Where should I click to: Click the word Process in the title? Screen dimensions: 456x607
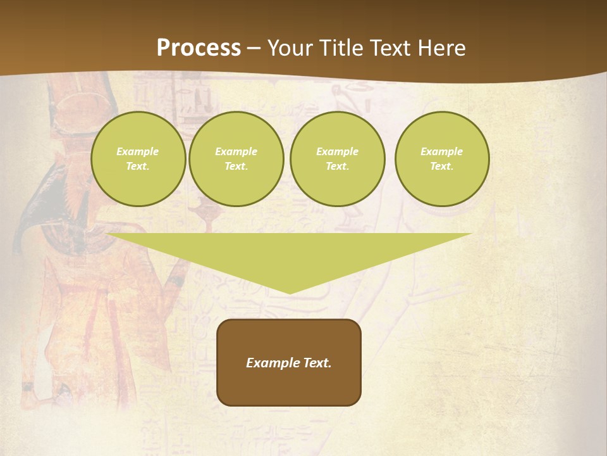(x=199, y=48)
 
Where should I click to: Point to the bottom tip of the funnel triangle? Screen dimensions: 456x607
(x=289, y=292)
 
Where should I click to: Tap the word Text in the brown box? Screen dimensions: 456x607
(x=316, y=363)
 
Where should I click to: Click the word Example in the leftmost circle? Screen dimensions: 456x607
(x=138, y=151)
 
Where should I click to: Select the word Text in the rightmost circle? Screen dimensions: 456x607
(x=441, y=167)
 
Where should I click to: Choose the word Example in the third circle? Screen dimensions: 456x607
(x=337, y=151)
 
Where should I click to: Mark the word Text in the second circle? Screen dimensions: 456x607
(x=236, y=167)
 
